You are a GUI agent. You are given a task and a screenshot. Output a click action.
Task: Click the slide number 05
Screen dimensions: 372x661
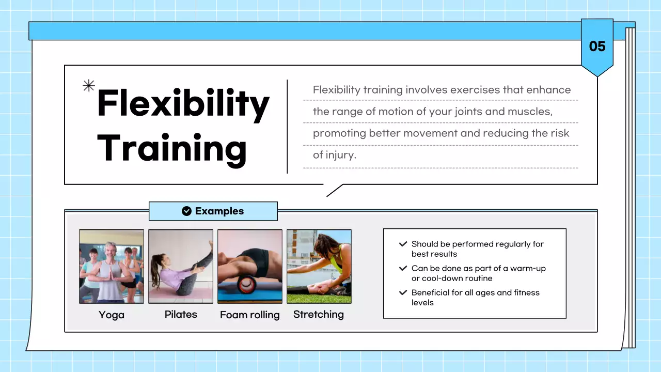pyautogui.click(x=597, y=47)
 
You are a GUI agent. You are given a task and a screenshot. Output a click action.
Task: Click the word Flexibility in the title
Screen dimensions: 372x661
pyautogui.click(x=183, y=104)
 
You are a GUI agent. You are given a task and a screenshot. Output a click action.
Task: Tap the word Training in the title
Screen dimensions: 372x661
pyautogui.click(x=171, y=148)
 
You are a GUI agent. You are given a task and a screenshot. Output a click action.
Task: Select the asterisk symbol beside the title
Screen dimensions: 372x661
pyautogui.click(x=89, y=86)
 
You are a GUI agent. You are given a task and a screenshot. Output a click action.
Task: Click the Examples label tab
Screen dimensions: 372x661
pyautogui.click(x=213, y=211)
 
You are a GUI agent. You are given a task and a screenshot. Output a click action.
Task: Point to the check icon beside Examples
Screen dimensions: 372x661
pyautogui.click(x=187, y=211)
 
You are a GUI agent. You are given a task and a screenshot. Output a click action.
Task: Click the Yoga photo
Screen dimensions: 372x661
pyautogui.click(x=112, y=266)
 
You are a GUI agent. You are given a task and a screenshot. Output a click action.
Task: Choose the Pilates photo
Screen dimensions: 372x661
pyautogui.click(x=181, y=266)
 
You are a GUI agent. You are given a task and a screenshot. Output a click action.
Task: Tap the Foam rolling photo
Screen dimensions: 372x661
pyautogui.click(x=250, y=266)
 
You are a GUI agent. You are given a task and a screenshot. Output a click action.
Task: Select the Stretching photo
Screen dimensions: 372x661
pyautogui.click(x=319, y=266)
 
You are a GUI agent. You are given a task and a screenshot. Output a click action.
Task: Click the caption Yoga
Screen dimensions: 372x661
pyautogui.click(x=112, y=315)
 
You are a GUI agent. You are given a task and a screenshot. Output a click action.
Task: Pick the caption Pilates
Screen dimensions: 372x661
pyautogui.click(x=181, y=314)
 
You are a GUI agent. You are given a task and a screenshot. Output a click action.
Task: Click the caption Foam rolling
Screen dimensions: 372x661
pyautogui.click(x=250, y=315)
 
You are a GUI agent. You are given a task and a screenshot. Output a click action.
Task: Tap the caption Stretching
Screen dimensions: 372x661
pyautogui.click(x=319, y=314)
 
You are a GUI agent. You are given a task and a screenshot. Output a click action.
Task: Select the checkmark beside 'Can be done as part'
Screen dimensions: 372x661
pyautogui.click(x=403, y=269)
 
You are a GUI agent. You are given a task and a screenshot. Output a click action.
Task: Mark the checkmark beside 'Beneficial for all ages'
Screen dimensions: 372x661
pyautogui.click(x=403, y=292)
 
